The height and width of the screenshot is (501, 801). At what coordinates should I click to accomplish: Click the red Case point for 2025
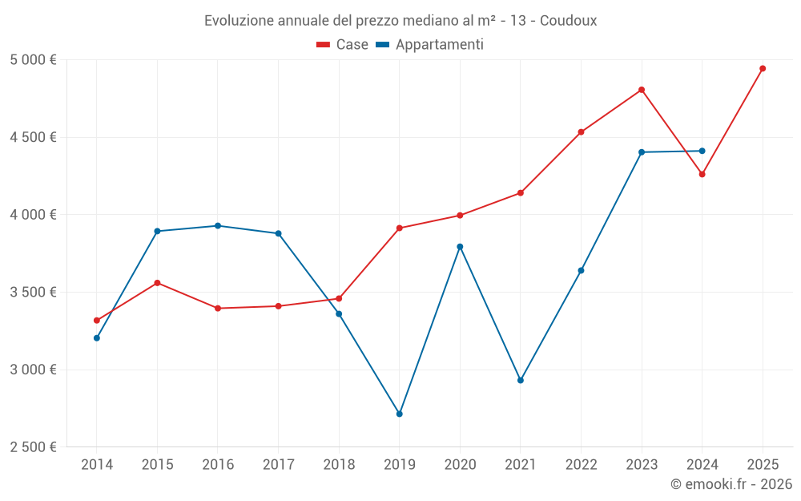click(x=763, y=68)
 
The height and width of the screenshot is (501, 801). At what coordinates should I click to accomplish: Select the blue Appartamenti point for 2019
click(x=399, y=414)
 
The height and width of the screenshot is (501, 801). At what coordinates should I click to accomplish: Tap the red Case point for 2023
click(x=642, y=90)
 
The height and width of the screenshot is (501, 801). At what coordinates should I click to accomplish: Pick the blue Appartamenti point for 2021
click(x=521, y=380)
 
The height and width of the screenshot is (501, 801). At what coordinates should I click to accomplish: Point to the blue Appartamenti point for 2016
click(x=218, y=226)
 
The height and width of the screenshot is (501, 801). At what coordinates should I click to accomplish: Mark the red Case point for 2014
click(x=97, y=321)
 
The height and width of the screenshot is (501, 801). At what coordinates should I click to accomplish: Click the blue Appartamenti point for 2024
click(x=702, y=151)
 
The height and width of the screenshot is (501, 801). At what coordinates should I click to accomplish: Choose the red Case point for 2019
click(x=399, y=228)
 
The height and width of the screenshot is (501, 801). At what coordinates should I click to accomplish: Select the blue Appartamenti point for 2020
click(x=460, y=247)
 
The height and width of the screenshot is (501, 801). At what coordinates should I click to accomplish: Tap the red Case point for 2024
click(x=702, y=174)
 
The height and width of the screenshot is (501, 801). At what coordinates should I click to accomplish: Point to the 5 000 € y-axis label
click(x=34, y=60)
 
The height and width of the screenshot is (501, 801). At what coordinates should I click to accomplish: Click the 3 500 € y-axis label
click(x=34, y=293)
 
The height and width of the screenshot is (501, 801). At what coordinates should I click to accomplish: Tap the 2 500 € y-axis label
click(x=34, y=447)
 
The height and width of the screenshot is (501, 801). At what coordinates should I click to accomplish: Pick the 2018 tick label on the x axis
click(x=339, y=465)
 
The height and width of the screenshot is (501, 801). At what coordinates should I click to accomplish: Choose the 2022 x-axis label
click(x=581, y=465)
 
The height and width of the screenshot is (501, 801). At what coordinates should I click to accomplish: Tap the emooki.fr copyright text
click(x=731, y=484)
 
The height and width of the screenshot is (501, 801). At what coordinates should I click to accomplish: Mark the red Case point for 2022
click(x=581, y=132)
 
